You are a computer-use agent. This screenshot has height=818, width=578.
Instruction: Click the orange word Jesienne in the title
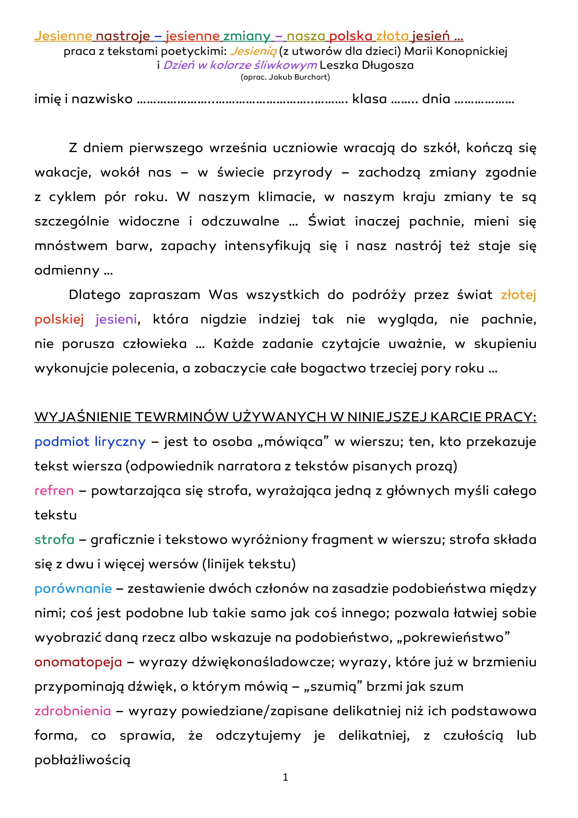coord(63,36)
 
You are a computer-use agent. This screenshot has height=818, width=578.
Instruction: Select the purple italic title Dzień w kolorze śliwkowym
coord(240,65)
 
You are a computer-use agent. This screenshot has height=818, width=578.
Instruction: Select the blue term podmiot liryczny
coord(90,442)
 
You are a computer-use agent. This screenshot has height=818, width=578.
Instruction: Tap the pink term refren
coord(54,491)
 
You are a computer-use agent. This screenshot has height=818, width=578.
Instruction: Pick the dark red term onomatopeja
coord(78,662)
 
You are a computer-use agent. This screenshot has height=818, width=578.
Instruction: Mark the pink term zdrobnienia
coord(73,711)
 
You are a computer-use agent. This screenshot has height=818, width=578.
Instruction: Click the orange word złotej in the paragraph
coord(518,295)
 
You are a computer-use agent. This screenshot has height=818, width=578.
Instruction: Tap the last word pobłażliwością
coord(82,760)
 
